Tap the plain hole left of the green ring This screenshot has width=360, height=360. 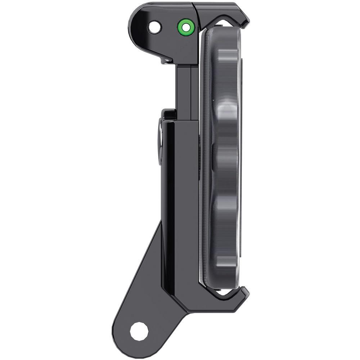(155, 27)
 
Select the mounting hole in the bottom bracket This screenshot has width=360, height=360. (139, 331)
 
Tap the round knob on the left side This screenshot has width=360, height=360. (159, 142)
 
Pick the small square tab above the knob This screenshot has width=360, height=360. (168, 114)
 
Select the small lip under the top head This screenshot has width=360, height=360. (166, 60)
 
